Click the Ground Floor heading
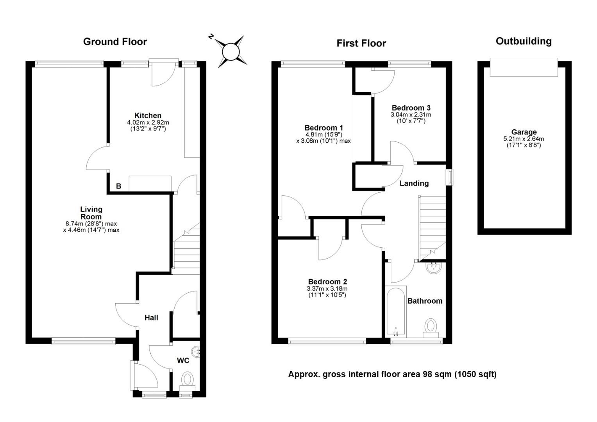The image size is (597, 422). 115,42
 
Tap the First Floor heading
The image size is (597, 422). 361,43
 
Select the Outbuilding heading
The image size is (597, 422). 524,41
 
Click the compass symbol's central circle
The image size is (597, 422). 231,52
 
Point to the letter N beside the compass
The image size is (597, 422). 211,37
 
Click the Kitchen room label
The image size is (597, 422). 148,115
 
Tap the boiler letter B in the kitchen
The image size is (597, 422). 119,186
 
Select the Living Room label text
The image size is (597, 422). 91,213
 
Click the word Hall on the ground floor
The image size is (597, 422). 151,318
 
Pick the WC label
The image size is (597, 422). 183,360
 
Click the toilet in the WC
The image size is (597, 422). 188,382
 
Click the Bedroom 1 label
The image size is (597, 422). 324,128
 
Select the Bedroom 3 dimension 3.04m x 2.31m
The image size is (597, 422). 411,114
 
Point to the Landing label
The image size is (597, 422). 414,183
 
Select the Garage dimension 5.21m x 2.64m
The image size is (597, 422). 524,139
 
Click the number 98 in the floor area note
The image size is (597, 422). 427,375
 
